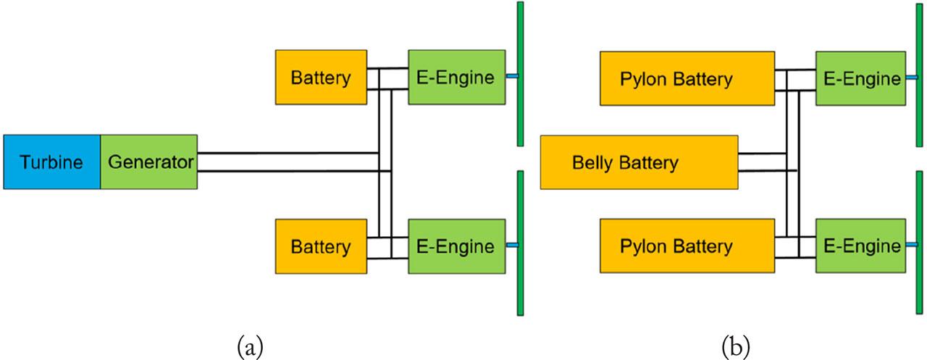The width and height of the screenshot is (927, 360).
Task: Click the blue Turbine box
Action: coord(51,162)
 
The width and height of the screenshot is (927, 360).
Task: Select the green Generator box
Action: coord(149,162)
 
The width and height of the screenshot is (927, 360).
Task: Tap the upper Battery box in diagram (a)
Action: coord(321,78)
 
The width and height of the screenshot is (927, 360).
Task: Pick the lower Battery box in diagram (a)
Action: coord(321,246)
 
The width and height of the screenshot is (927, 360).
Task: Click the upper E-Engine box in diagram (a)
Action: coord(456,78)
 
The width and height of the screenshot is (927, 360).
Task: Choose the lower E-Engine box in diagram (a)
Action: coord(456,246)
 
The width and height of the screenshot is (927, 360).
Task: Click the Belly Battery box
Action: coord(639,162)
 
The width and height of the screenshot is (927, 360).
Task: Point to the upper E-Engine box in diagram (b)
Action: coord(860,78)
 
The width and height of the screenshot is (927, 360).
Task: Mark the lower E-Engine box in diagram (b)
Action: coord(860,246)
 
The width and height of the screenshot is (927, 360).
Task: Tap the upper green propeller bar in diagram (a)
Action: coord(520,72)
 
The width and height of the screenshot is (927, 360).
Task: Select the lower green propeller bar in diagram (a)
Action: coord(520,243)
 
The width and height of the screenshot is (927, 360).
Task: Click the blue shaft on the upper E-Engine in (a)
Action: coord(511,76)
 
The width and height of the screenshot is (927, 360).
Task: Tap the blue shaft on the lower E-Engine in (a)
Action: coord(511,246)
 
